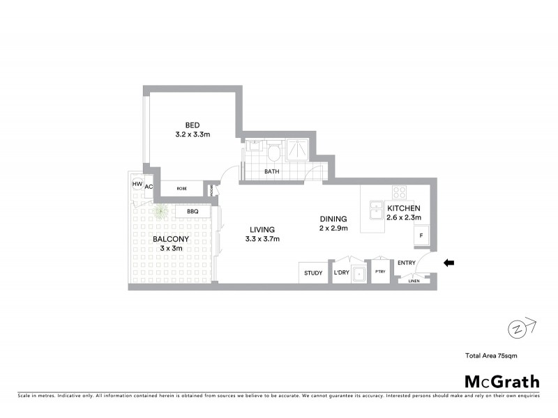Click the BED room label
pyautogui.click(x=192, y=125)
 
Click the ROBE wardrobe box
pyautogui.click(x=181, y=188)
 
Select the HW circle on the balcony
pyautogui.click(x=137, y=185)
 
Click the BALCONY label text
pyautogui.click(x=168, y=238)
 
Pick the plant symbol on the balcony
pyautogui.click(x=161, y=211)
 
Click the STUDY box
pyautogui.click(x=313, y=272)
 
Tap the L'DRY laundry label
pyautogui.click(x=341, y=272)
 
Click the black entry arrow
pyautogui.click(x=450, y=263)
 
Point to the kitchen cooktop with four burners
pyautogui.click(x=400, y=192)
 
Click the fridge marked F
pyautogui.click(x=421, y=237)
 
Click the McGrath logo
pyautogui.click(x=502, y=381)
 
